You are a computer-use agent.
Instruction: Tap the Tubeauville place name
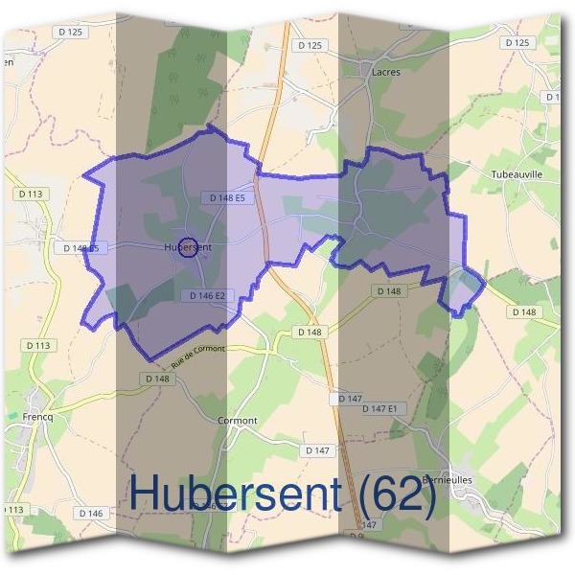[x=517, y=175]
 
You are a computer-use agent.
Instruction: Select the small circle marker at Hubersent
[x=188, y=246]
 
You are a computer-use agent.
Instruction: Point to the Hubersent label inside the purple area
[x=188, y=246]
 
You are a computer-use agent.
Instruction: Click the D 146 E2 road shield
[x=207, y=295]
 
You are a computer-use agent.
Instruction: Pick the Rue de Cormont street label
[x=197, y=356]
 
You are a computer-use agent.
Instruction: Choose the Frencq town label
[x=34, y=418]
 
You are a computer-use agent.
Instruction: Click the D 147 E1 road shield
[x=385, y=408]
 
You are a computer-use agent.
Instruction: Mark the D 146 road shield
[x=92, y=514]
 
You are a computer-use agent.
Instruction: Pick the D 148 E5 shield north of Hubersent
[x=227, y=197]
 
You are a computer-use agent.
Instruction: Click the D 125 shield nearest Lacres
[x=310, y=45]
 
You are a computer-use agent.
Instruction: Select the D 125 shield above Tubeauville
[x=516, y=42]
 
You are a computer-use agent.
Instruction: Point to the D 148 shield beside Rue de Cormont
[x=158, y=379]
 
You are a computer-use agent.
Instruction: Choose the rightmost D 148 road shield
[x=525, y=311]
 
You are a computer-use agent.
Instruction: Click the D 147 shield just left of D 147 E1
[x=350, y=397]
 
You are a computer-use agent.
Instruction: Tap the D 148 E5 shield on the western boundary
[x=80, y=247]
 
